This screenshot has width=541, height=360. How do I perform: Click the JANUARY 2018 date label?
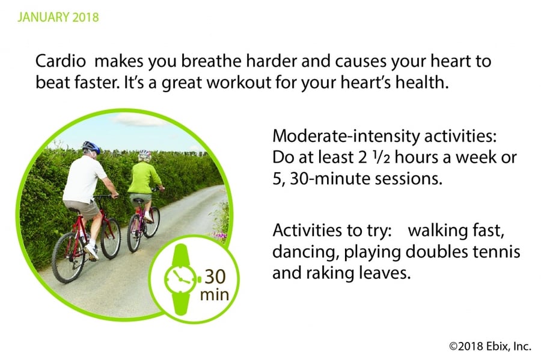pyautogui.click(x=58, y=17)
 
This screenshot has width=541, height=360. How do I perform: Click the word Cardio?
pyautogui.click(x=60, y=61)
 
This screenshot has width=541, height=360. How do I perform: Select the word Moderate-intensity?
pyautogui.click(x=346, y=136)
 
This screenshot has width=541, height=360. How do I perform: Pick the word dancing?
pyautogui.click(x=304, y=252)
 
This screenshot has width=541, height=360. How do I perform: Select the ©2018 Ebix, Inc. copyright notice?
pyautogui.click(x=491, y=346)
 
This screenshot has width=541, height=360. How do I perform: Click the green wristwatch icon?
pyautogui.click(x=181, y=279)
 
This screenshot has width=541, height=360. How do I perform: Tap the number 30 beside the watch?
pyautogui.click(x=215, y=276)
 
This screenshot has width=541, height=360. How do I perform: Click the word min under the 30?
pyautogui.click(x=215, y=295)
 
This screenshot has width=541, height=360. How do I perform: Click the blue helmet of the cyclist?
pyautogui.click(x=91, y=147)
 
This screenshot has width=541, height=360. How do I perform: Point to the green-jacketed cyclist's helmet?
pyautogui.click(x=145, y=155)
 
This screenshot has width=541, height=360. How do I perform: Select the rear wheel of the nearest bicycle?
pyautogui.click(x=68, y=258)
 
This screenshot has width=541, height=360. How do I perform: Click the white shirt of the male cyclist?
pyautogui.click(x=85, y=179)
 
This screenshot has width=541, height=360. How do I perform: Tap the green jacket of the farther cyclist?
pyautogui.click(x=144, y=178)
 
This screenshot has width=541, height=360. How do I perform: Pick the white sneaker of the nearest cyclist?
pyautogui.click(x=91, y=252)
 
